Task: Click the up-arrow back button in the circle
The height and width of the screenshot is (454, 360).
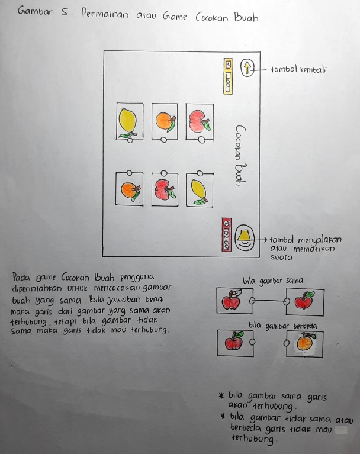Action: (x=246, y=69)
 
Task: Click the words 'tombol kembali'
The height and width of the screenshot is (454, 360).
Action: (x=298, y=69)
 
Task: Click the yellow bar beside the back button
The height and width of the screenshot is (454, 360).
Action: (x=228, y=76)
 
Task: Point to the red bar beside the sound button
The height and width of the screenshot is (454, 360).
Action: (x=226, y=234)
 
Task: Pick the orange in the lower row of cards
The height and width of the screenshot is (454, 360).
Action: (x=128, y=191)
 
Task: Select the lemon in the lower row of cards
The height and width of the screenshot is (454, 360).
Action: (x=198, y=191)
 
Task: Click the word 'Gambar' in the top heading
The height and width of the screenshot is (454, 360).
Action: (x=35, y=11)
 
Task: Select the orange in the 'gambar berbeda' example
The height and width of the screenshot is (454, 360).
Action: (x=305, y=344)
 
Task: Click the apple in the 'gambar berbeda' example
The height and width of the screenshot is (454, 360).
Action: (x=233, y=342)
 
